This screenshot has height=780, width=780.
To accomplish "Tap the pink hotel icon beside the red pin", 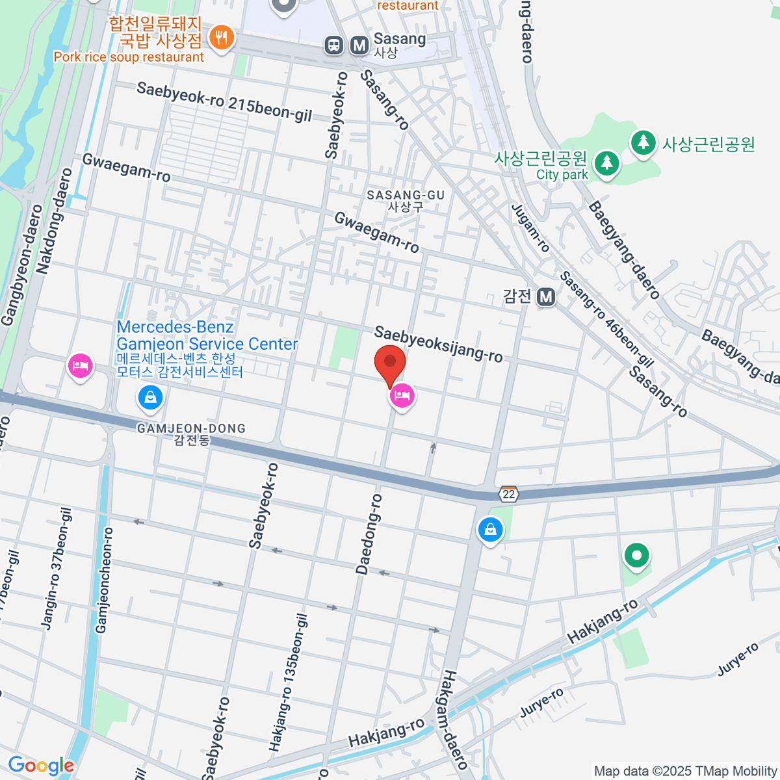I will point(402,395).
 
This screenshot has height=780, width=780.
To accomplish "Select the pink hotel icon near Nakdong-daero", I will point(81,366).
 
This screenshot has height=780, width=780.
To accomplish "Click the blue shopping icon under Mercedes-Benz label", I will point(151,397).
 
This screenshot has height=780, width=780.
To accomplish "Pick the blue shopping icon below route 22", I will point(490,530).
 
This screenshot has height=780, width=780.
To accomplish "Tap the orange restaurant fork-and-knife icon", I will point(222,37).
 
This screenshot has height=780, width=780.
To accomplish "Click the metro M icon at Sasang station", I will point(359,45).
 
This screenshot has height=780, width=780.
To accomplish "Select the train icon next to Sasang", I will point(334,45).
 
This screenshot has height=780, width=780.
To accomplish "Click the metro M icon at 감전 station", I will point(546,297).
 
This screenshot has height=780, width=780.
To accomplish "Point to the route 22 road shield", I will point(508,494).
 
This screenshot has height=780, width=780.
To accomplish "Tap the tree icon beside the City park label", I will point(607,162).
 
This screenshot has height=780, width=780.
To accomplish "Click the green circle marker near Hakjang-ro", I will point(637,556).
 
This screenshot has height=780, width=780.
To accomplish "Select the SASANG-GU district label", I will point(406,200).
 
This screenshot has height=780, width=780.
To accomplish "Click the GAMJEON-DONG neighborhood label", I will point(191,434).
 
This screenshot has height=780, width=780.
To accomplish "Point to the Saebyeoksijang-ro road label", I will point(438,344).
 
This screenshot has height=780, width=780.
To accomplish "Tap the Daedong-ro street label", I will point(369,534).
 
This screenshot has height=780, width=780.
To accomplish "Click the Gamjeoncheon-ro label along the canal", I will point(104,580).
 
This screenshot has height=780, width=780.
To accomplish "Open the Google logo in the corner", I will point(40,766).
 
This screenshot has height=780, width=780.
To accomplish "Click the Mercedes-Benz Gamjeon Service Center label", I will point(207,335).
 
